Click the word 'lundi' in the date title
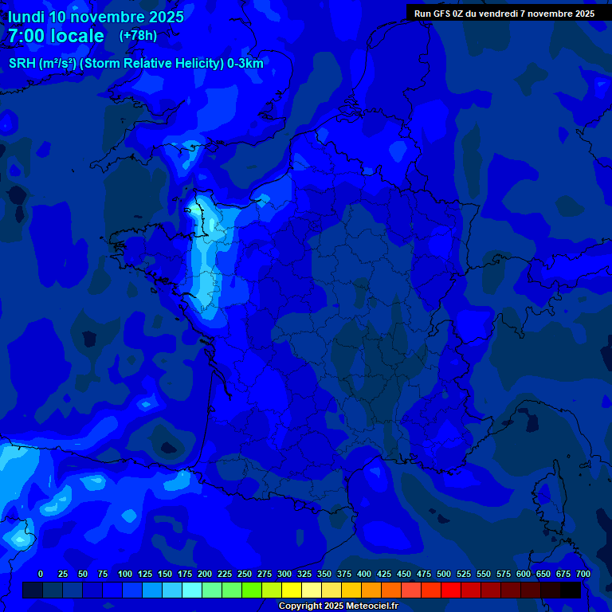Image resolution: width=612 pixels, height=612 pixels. [26, 17]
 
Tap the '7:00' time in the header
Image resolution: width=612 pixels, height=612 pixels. [26, 36]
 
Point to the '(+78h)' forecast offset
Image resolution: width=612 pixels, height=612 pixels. [138, 36]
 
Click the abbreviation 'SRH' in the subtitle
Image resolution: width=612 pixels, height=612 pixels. [22, 64]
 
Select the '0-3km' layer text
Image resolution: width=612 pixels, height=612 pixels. [245, 64]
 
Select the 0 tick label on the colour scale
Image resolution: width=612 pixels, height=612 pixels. [41, 574]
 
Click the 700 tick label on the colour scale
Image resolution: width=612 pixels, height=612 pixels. [583, 574]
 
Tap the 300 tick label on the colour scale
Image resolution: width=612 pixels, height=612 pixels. [284, 574]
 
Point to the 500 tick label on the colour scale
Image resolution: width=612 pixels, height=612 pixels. [444, 574]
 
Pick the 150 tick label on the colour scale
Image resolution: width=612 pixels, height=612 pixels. [165, 574]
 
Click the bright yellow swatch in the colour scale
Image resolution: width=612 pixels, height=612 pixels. [292, 590]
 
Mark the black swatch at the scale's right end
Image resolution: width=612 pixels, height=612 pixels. [571, 590]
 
